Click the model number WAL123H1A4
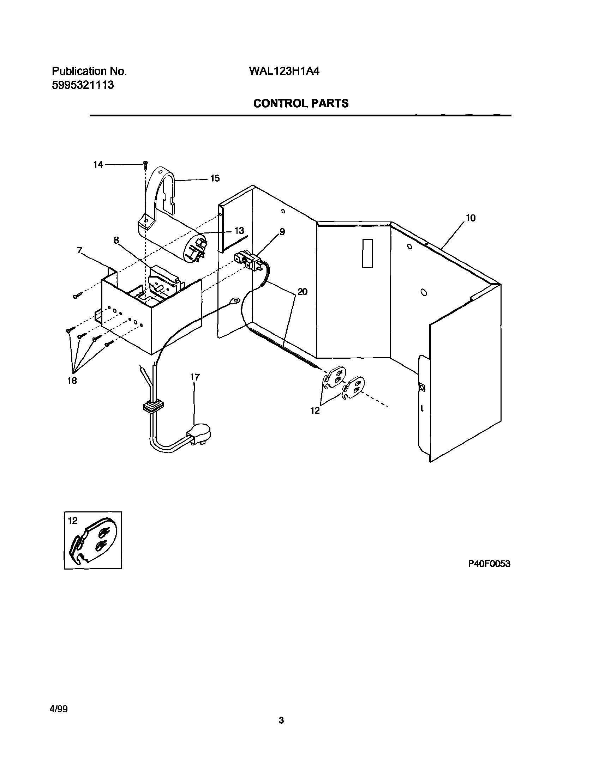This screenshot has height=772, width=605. tap(284, 72)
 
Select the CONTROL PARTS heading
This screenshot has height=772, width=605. tap(301, 103)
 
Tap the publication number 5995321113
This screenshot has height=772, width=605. tap(83, 85)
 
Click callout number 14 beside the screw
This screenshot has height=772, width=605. tap(98, 165)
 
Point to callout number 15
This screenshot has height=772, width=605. tap(215, 178)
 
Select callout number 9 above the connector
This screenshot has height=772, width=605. tap(282, 232)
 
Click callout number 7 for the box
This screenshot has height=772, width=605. tap(80, 250)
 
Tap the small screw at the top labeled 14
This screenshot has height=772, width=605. tap(145, 164)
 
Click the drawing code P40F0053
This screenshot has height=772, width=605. tap(489, 564)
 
